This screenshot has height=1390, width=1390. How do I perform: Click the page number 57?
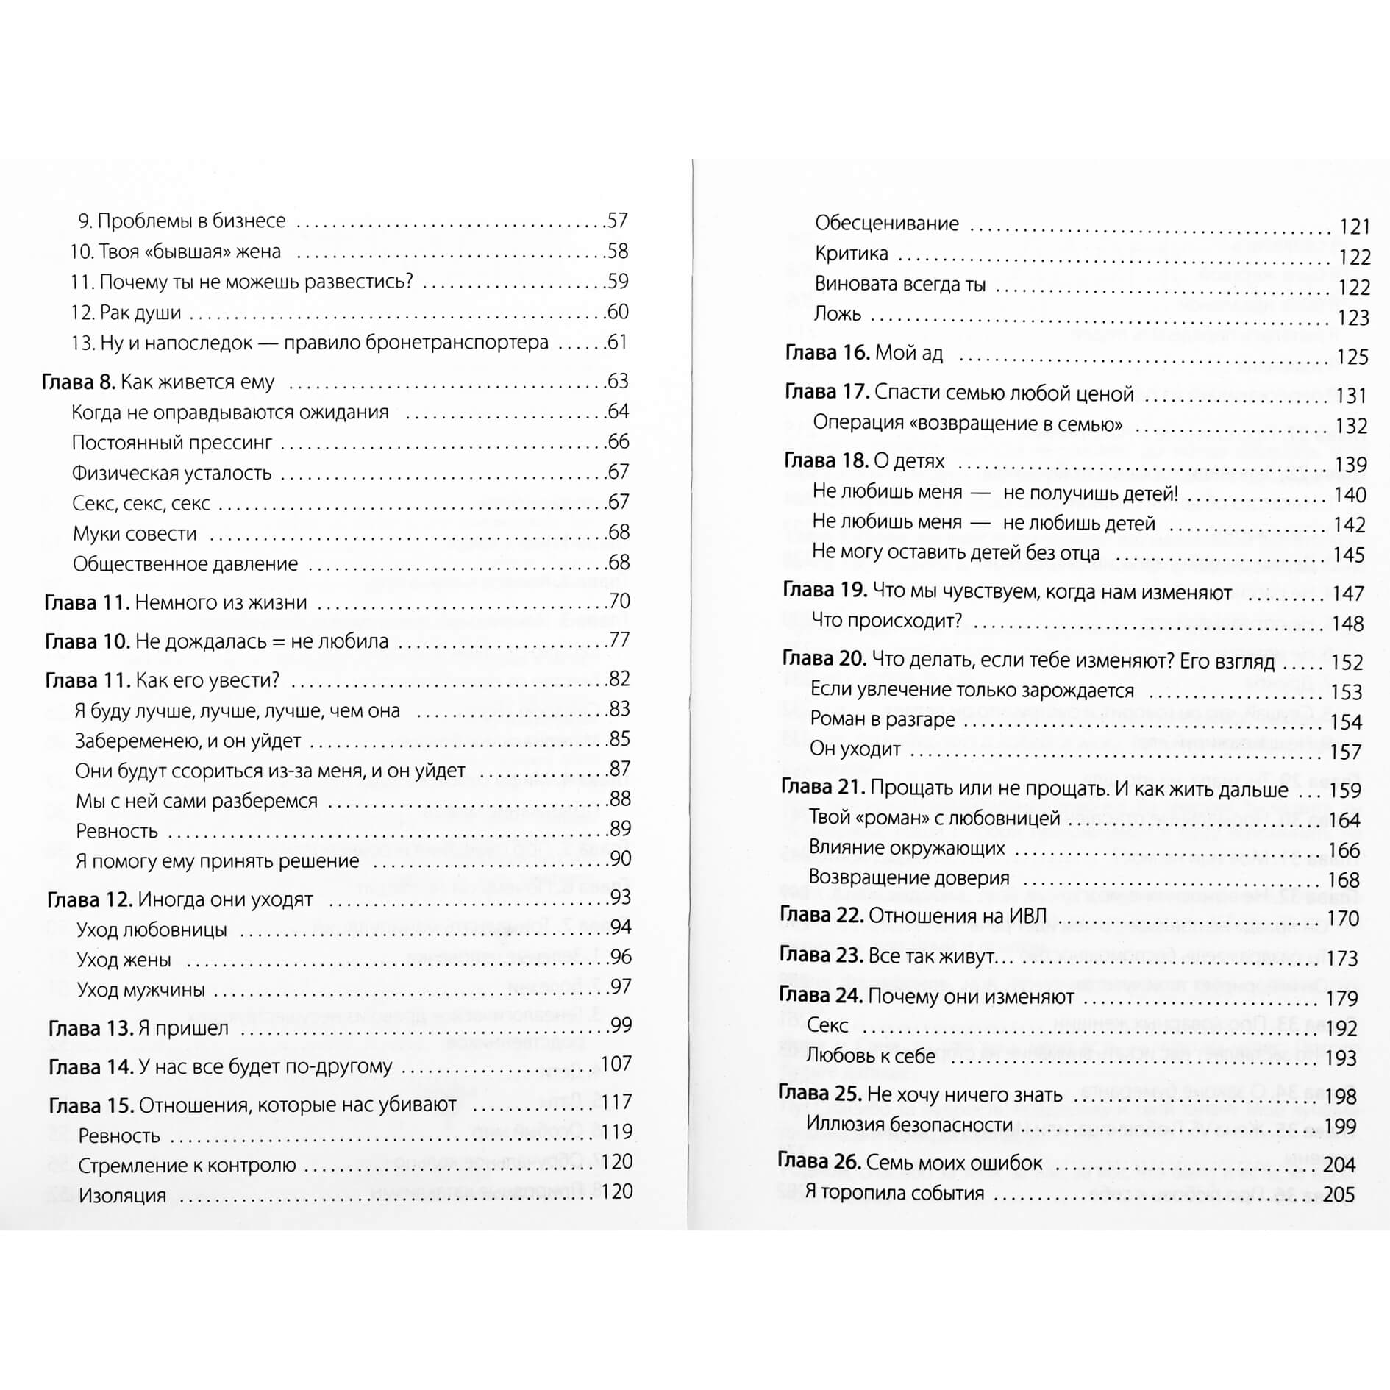tap(617, 221)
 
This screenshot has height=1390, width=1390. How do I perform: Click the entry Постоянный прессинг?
tap(171, 443)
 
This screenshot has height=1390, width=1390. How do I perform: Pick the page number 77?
tap(619, 641)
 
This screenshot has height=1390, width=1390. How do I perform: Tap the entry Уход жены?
tap(124, 960)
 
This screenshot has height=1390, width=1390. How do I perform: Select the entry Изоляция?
tap(122, 1195)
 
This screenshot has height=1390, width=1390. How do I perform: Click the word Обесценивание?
tap(887, 224)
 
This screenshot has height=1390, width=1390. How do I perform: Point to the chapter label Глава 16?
tap(827, 354)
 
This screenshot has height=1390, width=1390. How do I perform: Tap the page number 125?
tap(1352, 357)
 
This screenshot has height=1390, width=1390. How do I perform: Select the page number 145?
tap(1349, 555)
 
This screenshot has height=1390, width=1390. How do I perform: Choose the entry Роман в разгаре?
tap(882, 719)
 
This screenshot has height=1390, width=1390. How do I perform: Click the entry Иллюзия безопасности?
tap(909, 1125)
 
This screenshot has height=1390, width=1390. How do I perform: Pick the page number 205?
tap(1339, 1194)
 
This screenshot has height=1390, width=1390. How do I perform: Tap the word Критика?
tap(852, 254)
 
